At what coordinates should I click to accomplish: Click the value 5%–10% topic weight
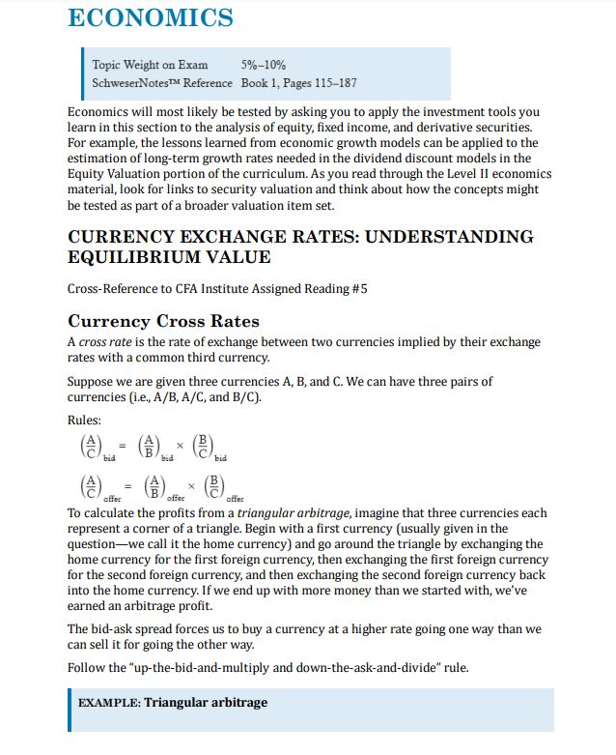[x=264, y=65]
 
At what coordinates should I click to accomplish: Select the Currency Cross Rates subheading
[x=163, y=321]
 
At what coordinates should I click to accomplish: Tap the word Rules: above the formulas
[x=84, y=420]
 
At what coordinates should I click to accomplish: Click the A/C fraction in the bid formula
[x=90, y=447]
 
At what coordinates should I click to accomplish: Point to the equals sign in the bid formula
[x=121, y=446]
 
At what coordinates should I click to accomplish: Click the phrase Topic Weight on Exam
[x=150, y=65]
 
